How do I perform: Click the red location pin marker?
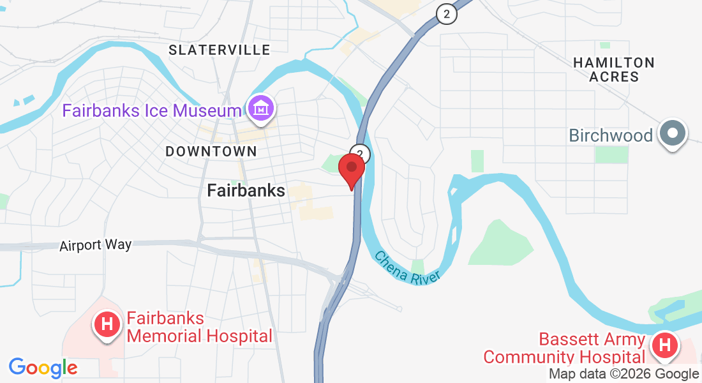351,168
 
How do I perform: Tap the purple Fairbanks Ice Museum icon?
261,109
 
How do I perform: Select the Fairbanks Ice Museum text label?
151,111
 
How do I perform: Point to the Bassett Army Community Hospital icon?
664,346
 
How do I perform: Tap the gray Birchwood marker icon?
672,134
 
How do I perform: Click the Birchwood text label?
611,136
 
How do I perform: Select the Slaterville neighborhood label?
220,50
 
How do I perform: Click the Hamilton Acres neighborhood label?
614,70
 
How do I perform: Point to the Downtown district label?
211,151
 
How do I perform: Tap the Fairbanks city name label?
246,190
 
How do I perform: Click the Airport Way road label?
96,245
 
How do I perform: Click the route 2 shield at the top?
447,13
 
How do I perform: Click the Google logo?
43,368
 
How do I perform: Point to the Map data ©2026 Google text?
624,374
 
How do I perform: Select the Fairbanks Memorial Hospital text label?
199,327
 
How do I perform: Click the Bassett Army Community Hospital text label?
565,348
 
